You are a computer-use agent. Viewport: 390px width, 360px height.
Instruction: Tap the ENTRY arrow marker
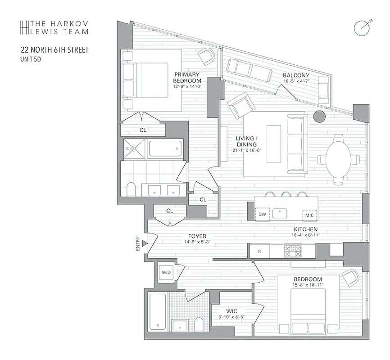(145, 243)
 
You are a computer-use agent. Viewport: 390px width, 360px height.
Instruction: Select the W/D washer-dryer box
(166, 272)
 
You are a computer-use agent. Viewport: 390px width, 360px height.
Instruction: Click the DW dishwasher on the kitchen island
(263, 215)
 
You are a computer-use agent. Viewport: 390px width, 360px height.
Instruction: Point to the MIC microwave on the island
(309, 215)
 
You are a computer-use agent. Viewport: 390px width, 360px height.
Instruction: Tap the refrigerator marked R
(260, 251)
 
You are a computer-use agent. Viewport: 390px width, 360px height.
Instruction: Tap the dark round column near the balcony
(319, 117)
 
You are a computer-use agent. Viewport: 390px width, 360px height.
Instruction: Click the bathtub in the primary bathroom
(165, 148)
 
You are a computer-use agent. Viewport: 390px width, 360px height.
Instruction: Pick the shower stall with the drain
(134, 149)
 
